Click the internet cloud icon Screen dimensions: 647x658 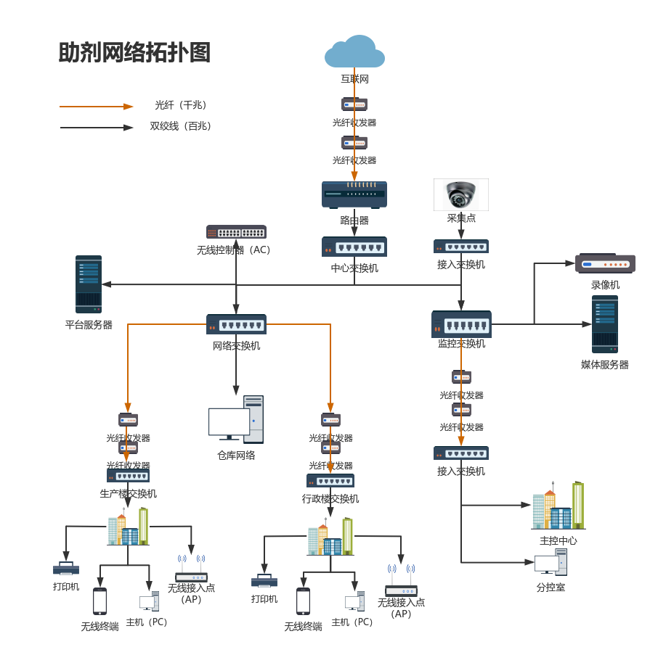(354, 52)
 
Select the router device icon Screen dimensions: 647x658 (354, 194)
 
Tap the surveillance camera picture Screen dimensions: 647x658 (461, 194)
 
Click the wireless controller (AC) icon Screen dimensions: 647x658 (236, 232)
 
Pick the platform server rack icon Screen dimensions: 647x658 (89, 284)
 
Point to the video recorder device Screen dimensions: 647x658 (605, 263)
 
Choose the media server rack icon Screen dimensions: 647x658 (605, 324)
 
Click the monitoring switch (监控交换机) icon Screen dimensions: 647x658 (461, 324)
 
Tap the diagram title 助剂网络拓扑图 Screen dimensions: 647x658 (135, 53)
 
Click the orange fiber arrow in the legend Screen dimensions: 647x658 (97, 107)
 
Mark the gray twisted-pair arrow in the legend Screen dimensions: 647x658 (97, 128)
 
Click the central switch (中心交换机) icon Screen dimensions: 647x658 (354, 247)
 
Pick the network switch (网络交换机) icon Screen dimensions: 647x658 (236, 324)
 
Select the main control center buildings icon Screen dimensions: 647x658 (558, 506)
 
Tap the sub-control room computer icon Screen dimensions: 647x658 (551, 562)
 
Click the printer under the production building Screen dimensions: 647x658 (66, 569)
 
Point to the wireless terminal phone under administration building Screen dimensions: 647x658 (303, 601)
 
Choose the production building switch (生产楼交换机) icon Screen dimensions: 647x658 (128, 476)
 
